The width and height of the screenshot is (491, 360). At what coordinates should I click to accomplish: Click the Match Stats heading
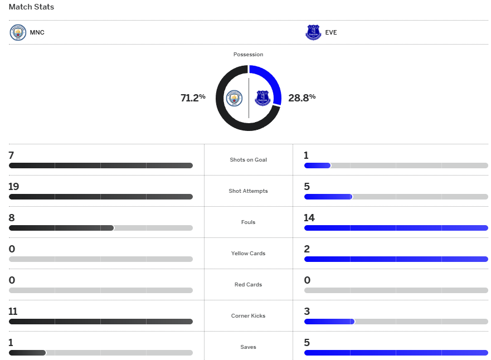click(31, 7)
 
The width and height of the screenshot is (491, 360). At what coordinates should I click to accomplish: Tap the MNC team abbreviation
click(37, 32)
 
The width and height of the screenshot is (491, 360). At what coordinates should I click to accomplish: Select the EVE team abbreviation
click(331, 32)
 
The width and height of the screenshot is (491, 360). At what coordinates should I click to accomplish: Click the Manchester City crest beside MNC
click(18, 32)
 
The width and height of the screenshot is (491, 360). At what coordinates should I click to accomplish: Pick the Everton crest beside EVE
click(313, 32)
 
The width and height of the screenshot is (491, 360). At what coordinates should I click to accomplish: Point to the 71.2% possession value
click(193, 98)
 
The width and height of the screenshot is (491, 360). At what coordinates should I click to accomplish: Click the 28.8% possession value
click(302, 98)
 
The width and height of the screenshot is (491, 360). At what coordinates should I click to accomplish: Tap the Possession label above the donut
click(248, 55)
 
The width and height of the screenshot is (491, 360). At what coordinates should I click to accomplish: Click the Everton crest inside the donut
click(262, 99)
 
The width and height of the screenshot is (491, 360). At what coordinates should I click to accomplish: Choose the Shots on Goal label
click(248, 160)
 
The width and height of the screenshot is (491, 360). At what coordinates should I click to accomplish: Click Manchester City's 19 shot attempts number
click(13, 187)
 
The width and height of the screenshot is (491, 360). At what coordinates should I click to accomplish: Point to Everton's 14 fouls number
click(309, 218)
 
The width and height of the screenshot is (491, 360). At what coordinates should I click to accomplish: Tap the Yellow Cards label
click(248, 254)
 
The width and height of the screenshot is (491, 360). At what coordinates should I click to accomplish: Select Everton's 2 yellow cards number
click(307, 249)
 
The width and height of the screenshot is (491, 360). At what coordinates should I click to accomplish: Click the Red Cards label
click(248, 285)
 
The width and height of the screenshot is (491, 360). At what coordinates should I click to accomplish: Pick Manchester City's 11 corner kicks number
click(13, 312)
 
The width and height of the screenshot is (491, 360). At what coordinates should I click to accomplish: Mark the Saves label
click(248, 347)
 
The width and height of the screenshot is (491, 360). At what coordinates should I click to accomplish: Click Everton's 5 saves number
click(307, 343)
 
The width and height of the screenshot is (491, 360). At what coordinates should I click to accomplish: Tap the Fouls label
click(248, 222)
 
